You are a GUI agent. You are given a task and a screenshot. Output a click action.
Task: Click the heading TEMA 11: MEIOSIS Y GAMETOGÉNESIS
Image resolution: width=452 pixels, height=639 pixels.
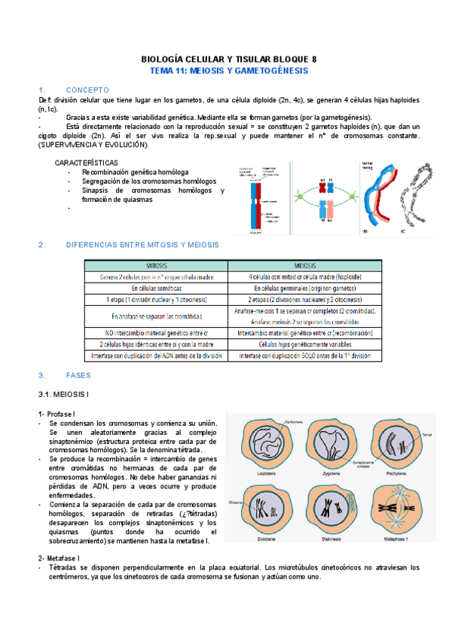229,70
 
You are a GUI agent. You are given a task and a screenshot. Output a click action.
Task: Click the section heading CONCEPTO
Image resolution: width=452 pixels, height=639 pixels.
88,90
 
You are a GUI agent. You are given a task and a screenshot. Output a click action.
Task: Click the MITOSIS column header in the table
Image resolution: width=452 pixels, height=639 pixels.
156,266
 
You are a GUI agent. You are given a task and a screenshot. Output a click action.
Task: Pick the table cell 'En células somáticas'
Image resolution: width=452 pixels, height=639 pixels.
156,288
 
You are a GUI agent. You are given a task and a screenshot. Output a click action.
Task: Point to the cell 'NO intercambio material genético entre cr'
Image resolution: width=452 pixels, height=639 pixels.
156,332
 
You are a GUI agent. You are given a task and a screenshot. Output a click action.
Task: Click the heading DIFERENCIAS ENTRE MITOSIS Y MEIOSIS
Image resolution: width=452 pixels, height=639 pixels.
142,245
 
